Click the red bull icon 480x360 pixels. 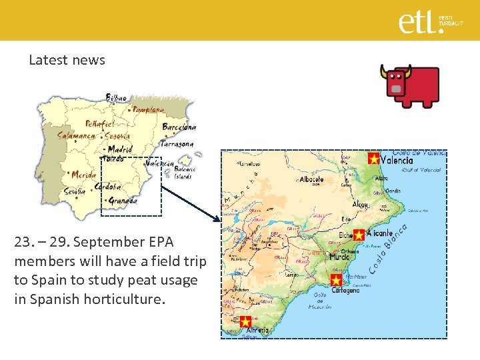click(409, 85)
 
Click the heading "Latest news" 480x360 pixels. click(67, 60)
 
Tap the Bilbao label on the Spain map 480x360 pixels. click(116, 98)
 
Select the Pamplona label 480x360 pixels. click(148, 109)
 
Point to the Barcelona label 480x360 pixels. click(179, 127)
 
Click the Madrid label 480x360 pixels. click(120, 149)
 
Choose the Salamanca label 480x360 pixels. click(76, 135)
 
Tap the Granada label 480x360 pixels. click(123, 200)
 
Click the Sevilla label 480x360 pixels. click(75, 191)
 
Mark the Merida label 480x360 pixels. click(83, 175)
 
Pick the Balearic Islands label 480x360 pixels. click(184, 173)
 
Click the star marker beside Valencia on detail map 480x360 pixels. click(373, 159)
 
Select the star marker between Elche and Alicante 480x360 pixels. click(359, 235)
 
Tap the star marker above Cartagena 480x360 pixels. click(336, 279)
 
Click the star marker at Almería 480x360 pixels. click(245, 322)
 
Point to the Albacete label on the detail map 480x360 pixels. click(311, 179)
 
